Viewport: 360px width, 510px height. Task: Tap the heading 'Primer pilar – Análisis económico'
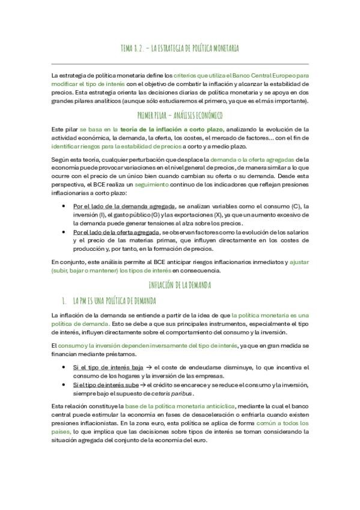click(180, 115)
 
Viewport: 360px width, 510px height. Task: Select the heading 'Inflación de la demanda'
click(180, 284)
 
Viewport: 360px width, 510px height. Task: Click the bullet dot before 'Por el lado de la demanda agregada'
click(65, 206)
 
